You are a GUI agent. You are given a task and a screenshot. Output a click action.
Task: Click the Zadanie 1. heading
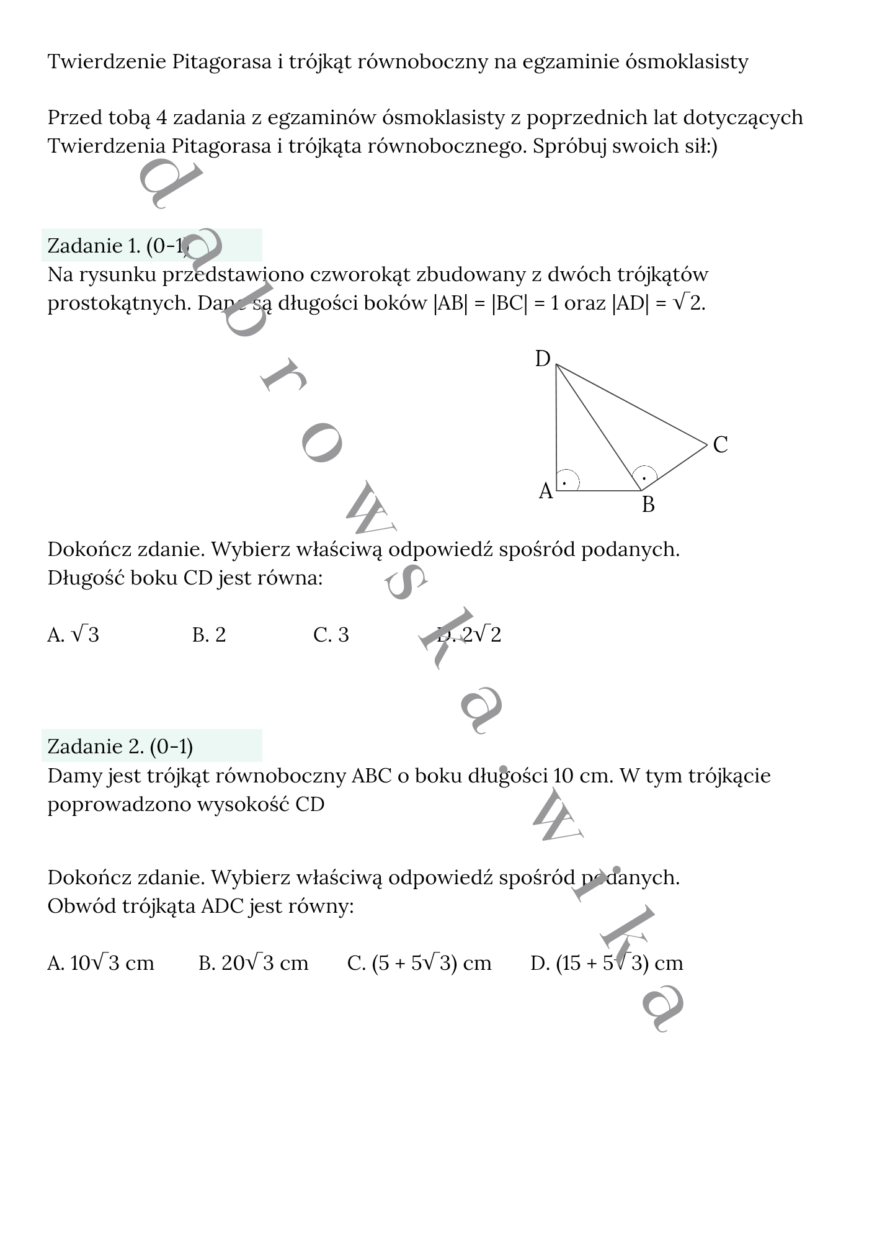pos(118,246)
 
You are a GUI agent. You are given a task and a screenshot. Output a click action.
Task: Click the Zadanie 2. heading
pos(120,746)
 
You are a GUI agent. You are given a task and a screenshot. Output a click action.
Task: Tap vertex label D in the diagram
pos(543,359)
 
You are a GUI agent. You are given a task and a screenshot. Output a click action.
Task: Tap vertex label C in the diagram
pos(720,445)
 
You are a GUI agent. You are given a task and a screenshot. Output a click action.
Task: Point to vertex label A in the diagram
pos(545,491)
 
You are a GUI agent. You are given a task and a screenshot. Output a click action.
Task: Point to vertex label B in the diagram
pos(648,505)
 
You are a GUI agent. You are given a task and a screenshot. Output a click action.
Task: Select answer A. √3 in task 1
pos(73,635)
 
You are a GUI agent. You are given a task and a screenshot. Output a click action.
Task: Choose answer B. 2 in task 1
pos(209,635)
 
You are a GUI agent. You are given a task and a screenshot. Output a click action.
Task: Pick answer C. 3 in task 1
pos(331,635)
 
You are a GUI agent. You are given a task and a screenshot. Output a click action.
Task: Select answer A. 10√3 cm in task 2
pos(100,963)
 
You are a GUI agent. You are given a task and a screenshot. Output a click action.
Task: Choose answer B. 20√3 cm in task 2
pos(253,963)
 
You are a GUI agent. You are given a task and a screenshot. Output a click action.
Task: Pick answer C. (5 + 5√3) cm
pos(419,963)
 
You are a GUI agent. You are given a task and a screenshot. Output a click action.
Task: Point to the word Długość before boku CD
pos(86,578)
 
